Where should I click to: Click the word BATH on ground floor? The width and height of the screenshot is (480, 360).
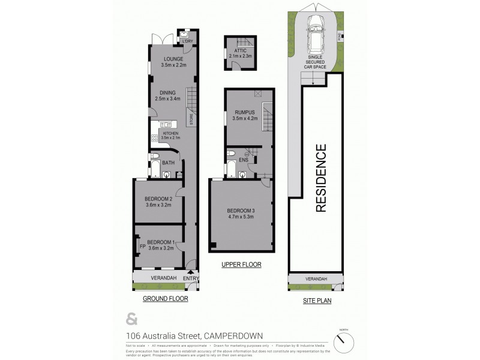point(168,163)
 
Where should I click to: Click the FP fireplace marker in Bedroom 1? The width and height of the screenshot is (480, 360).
point(142,246)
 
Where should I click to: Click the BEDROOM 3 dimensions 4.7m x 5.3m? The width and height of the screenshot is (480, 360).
point(241,217)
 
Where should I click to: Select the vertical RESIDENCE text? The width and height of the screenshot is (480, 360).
point(321,178)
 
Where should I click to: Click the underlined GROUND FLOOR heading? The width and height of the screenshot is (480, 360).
point(165,298)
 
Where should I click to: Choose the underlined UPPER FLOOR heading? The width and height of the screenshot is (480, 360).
point(241,264)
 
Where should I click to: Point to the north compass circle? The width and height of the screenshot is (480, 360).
point(344,342)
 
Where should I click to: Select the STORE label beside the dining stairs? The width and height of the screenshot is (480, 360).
point(192,119)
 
